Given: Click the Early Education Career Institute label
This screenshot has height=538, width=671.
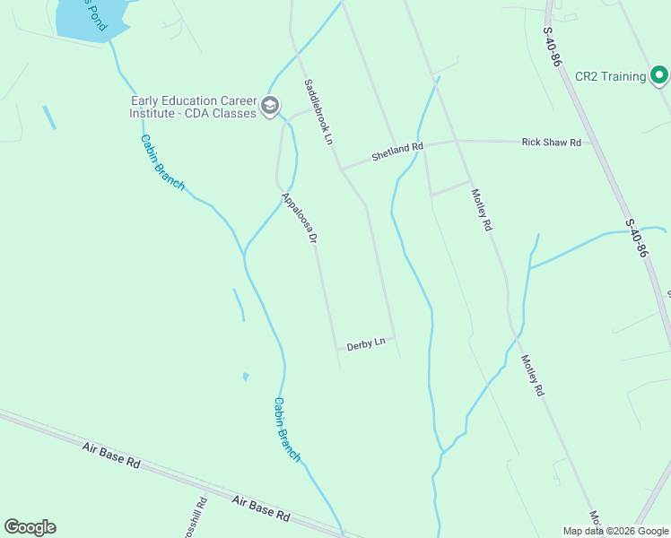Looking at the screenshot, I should pos(193,108).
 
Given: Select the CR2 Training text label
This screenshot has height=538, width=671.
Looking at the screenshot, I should pos(610,76).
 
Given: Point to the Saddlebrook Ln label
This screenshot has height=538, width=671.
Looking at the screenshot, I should pos(318,112).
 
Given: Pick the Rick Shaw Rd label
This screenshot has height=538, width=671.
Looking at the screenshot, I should pos(551,143).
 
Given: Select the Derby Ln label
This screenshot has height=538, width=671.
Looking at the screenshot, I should pos(366,343).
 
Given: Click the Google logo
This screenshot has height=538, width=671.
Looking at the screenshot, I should pos(30,527).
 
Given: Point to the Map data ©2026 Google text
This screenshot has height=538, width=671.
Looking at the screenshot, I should pos(615,531).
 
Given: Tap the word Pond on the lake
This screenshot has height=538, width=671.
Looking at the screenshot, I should pos(94,20).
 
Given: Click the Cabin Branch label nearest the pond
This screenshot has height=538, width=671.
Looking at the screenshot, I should pos(162,162).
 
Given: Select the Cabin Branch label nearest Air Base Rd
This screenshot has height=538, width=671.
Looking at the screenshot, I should pos(287,430).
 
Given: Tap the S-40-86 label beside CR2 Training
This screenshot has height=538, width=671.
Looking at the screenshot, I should pos(552,46).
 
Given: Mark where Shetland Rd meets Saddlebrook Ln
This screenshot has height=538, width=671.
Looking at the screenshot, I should pos(341,168).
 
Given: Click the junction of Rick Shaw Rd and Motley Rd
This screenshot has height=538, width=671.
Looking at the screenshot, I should pos(457,141).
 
